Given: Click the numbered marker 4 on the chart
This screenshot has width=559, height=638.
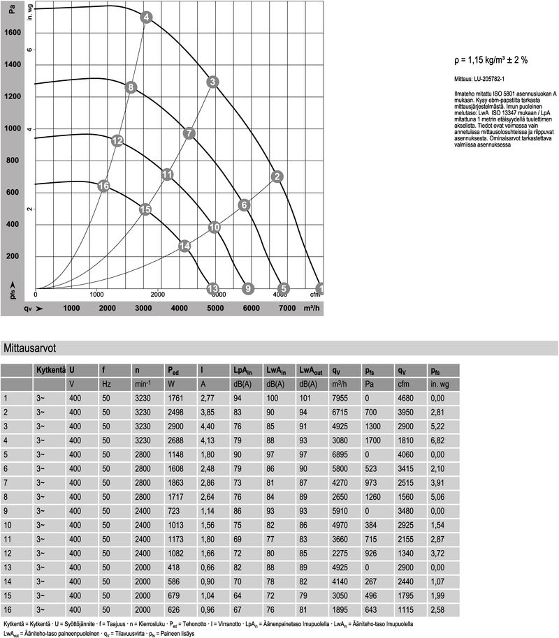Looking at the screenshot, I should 145,17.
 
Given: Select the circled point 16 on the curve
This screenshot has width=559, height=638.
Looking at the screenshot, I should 103,186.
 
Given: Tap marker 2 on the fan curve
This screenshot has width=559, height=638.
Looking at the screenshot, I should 277,176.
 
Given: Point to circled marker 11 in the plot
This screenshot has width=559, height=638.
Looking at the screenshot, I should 167,175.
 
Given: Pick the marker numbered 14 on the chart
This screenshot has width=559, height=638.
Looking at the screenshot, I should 185,246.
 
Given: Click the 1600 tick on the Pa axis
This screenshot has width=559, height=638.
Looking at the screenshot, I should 13,32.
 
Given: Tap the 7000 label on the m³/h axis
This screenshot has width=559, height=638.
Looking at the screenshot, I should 287,309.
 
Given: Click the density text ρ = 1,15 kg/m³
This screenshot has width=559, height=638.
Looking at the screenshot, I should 486,60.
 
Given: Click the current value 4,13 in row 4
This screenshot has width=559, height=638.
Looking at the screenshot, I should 209,440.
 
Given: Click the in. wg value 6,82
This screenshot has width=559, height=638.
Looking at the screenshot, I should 437,440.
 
